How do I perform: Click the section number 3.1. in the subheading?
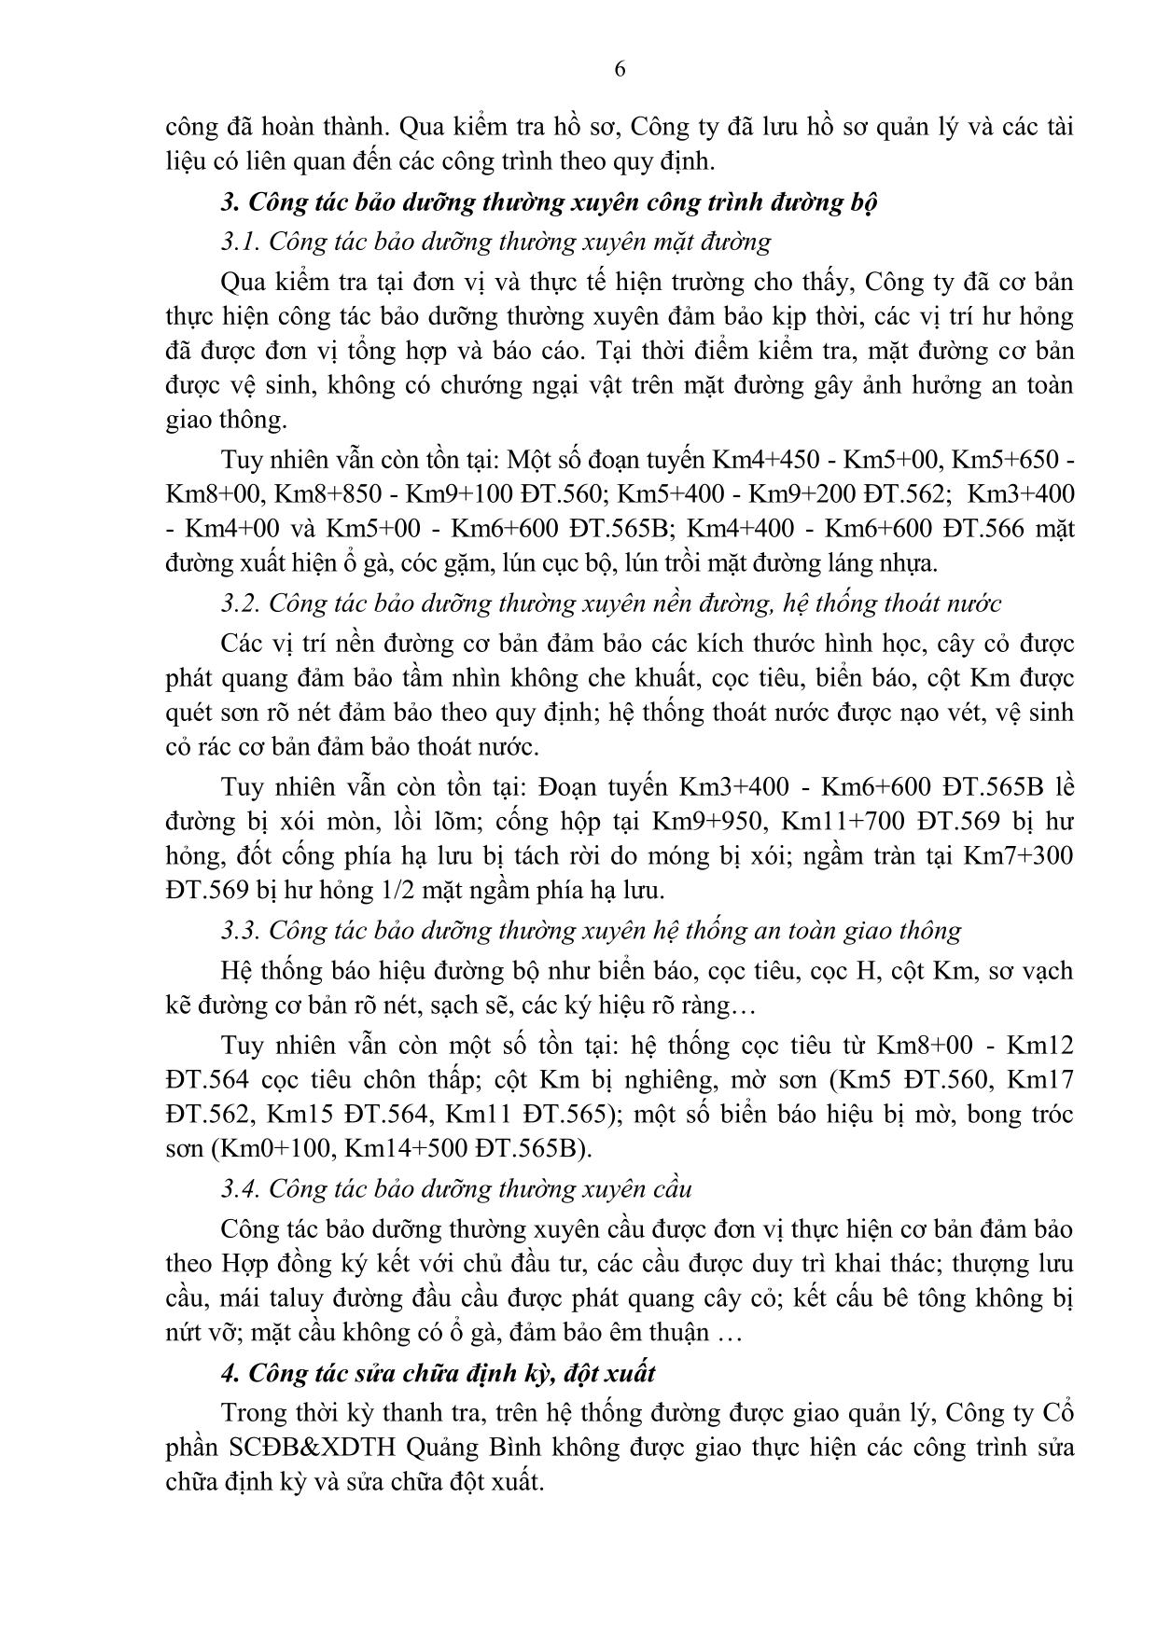[x=241, y=243]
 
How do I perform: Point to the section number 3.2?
[x=241, y=603]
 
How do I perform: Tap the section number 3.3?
[x=241, y=931]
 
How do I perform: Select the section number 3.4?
[x=241, y=1189]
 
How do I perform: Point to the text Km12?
[x=1041, y=1046]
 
